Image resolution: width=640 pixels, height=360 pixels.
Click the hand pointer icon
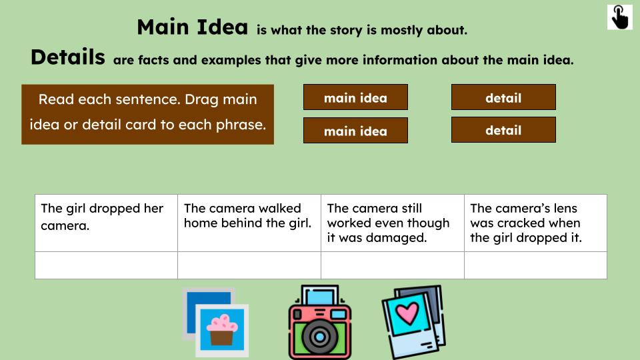coord(619,17)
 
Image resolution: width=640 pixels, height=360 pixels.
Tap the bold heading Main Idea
coord(192,27)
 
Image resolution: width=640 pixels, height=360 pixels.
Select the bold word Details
coord(67,57)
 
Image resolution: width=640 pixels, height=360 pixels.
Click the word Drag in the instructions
coord(201,99)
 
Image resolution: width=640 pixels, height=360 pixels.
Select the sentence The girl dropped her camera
coord(101,217)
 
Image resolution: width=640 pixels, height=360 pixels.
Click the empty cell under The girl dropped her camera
coord(106,265)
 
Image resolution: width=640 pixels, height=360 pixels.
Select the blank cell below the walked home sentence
coord(249,265)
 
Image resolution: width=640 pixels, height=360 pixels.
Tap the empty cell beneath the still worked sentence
coord(392,265)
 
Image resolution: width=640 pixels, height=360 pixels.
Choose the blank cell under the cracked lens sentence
coord(535,265)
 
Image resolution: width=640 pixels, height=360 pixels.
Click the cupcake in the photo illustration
coord(222,329)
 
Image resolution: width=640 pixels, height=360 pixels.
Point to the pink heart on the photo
coord(407,312)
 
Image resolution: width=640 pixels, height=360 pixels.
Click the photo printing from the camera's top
coord(320,297)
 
